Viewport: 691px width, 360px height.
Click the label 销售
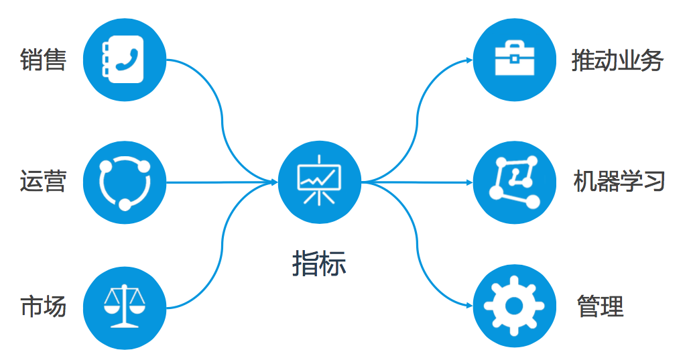(43, 60)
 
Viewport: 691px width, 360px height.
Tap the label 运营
(43, 181)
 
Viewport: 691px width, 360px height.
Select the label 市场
(43, 307)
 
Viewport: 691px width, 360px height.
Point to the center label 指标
(319, 263)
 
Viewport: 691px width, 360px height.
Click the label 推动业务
(617, 61)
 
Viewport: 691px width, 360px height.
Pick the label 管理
(600, 306)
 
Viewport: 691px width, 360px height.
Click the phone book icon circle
(125, 58)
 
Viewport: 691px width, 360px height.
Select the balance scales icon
(125, 307)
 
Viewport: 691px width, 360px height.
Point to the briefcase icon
(514, 58)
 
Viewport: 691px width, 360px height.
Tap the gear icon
(514, 306)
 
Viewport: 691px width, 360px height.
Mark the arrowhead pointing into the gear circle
(468, 305)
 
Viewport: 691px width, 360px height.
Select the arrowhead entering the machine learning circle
(468, 182)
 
